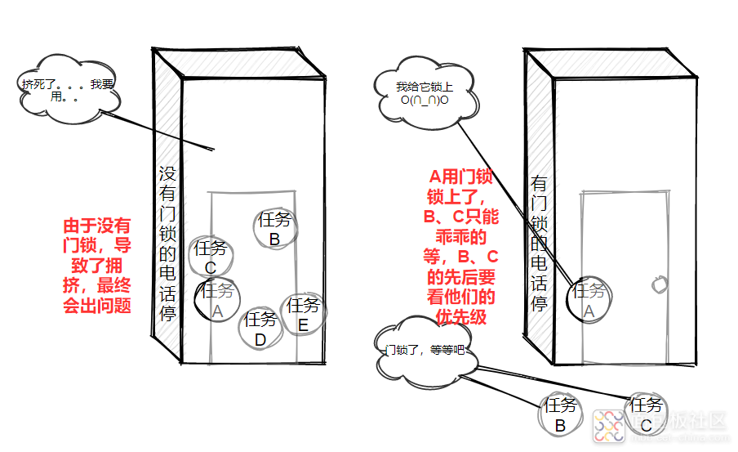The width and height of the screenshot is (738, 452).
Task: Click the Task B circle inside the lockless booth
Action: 274,229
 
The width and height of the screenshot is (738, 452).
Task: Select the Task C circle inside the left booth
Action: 211,257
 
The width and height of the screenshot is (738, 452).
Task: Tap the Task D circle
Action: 260,329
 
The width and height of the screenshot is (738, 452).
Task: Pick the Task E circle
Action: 303,315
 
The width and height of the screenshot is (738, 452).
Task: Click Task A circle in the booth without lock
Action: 216,300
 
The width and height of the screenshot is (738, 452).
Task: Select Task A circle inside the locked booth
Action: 589,299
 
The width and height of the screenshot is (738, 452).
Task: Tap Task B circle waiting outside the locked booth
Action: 560,415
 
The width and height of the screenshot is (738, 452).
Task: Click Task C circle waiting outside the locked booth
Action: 646,414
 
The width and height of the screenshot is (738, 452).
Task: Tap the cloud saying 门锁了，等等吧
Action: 424,350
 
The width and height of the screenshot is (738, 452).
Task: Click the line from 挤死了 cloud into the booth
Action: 163,131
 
